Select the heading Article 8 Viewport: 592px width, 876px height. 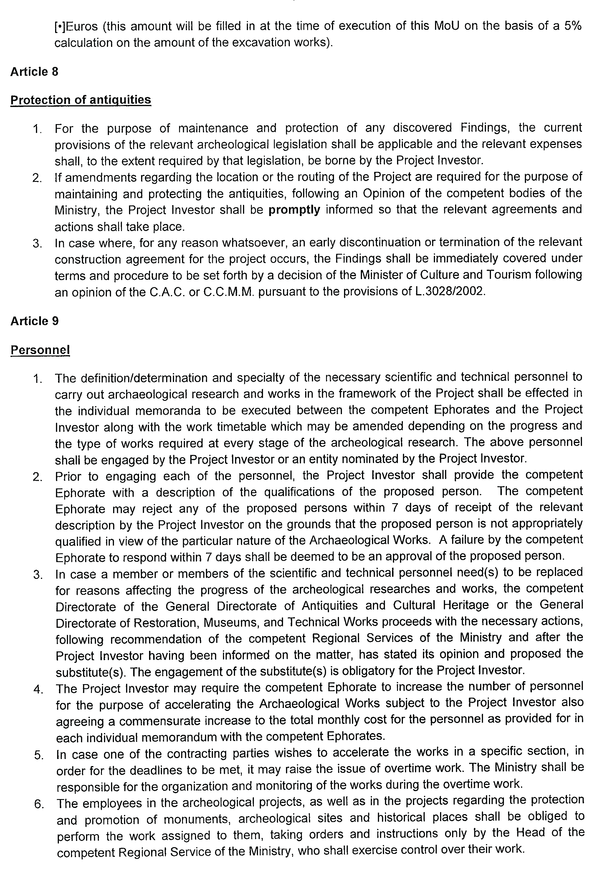click(x=34, y=72)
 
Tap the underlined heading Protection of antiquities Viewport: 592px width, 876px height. click(x=81, y=100)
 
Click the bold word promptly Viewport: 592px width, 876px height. click(x=294, y=210)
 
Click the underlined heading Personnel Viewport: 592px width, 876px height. click(x=40, y=350)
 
